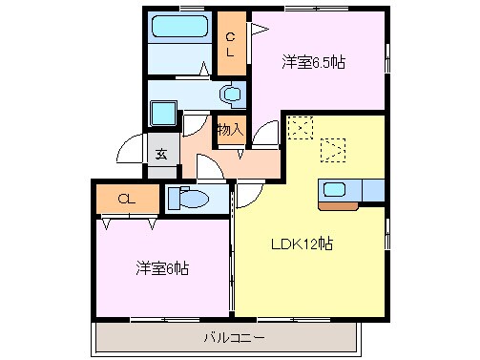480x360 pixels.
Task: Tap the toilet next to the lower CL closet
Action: tap(191, 200)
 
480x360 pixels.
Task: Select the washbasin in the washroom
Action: tap(230, 95)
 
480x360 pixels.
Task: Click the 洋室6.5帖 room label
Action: tap(313, 62)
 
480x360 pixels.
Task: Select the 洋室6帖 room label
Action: tap(161, 268)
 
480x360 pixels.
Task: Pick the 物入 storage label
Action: tap(229, 128)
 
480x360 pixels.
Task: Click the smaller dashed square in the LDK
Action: tap(300, 127)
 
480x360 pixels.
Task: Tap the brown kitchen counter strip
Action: tap(339, 203)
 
